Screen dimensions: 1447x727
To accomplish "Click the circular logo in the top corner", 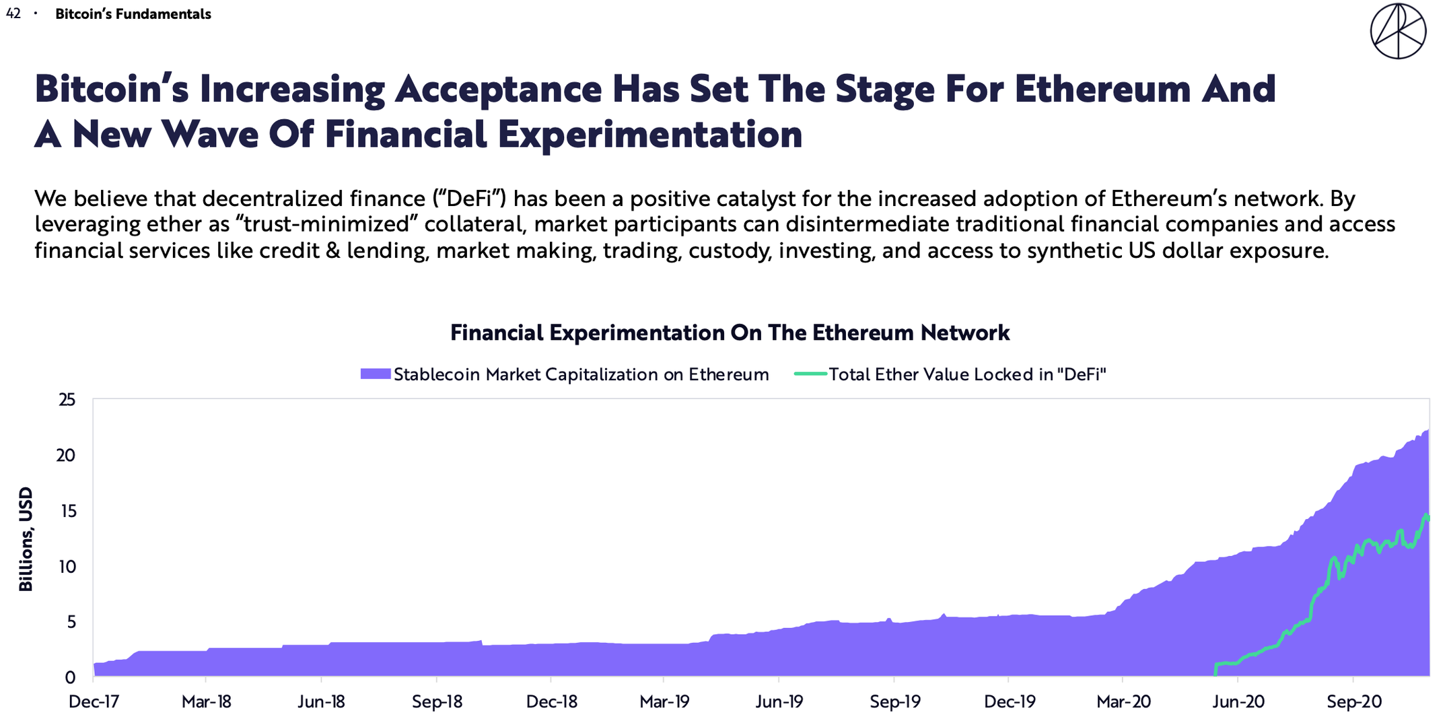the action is (x=1398, y=31).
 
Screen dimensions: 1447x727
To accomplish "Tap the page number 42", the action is (x=13, y=13).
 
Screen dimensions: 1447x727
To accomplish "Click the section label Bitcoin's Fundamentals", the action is (x=133, y=14).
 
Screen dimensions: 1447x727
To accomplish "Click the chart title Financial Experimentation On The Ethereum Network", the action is (x=730, y=333).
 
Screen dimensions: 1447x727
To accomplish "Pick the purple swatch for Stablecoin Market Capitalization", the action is (x=376, y=374).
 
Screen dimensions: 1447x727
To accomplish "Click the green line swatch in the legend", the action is (x=810, y=374).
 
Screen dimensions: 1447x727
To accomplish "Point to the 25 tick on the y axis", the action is (x=67, y=400).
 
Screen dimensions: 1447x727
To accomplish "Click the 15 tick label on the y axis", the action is (x=67, y=511).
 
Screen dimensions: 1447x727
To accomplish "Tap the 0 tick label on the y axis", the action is (x=71, y=677).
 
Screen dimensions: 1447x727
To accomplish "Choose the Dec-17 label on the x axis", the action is (x=94, y=702).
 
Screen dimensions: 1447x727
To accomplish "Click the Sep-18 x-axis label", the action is (x=437, y=702).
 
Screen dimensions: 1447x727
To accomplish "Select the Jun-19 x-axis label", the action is (x=779, y=702).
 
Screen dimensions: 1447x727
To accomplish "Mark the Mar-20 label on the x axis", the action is (x=1123, y=702).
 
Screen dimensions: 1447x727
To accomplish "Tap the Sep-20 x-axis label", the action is (x=1354, y=702).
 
